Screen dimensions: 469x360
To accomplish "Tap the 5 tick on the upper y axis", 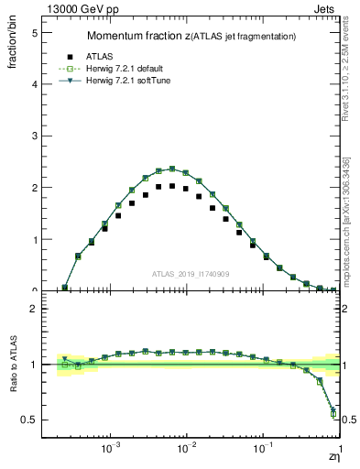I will (34, 32).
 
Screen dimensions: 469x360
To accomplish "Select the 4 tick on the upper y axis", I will (34, 84).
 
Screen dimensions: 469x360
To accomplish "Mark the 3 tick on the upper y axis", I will (34, 136).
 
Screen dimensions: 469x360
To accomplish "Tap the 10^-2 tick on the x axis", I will (186, 449).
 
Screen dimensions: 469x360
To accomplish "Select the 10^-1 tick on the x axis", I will (262, 449).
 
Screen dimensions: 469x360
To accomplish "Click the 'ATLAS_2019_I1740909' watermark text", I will (191, 273).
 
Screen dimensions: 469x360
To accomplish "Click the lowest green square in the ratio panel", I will (333, 415).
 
